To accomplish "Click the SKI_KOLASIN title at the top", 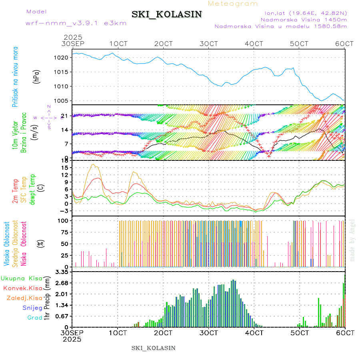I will click(167, 14).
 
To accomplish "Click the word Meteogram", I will click(233, 4).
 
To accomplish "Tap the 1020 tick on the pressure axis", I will click(65, 58).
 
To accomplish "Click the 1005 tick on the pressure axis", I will click(65, 101).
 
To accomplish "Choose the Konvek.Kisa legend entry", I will click(22, 288).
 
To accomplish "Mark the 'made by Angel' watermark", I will click(352, 240).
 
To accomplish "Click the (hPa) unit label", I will click(36, 76).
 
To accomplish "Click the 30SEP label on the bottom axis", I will click(72, 333).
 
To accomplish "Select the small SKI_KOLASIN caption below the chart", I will click(153, 348).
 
